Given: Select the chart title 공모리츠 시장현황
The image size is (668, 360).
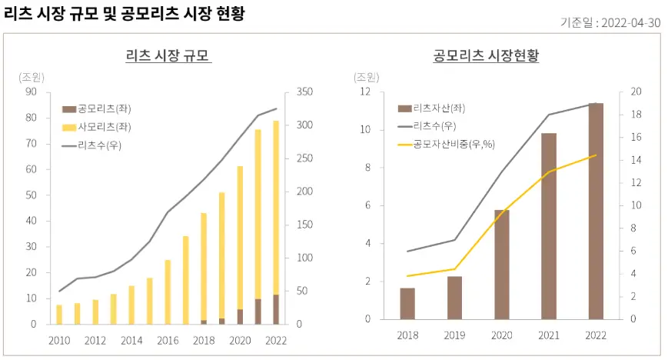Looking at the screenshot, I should (486, 56).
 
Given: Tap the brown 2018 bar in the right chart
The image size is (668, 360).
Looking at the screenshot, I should (407, 303).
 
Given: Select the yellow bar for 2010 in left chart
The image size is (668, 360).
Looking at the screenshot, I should (59, 315).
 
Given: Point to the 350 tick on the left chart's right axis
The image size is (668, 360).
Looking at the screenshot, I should (304, 92).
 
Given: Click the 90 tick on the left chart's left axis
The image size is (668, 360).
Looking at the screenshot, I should (32, 92).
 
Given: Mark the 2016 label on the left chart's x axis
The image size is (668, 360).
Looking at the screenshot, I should (168, 340).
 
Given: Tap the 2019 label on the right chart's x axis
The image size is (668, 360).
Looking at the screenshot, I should (454, 335).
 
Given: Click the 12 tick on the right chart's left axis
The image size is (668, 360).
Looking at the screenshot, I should (367, 92).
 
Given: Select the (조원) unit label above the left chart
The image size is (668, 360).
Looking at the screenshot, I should (32, 76).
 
